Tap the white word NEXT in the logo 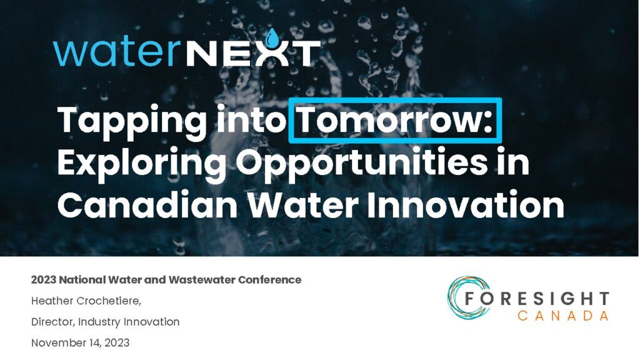coord(253,53)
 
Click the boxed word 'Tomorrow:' coord(395,120)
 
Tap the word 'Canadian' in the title coord(147,204)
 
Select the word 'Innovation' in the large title coord(466,204)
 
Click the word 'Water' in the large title coord(304,205)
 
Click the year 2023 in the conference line coord(44,280)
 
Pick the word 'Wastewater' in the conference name coord(202,280)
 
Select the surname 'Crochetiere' coord(107,301)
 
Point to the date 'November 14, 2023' coord(81,343)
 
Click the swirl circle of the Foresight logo coord(465,297)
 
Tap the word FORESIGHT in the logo coord(537,299)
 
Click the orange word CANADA coord(563,316)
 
